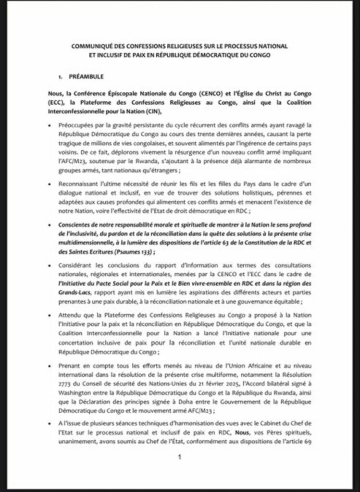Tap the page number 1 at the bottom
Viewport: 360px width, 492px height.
point(179,457)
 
